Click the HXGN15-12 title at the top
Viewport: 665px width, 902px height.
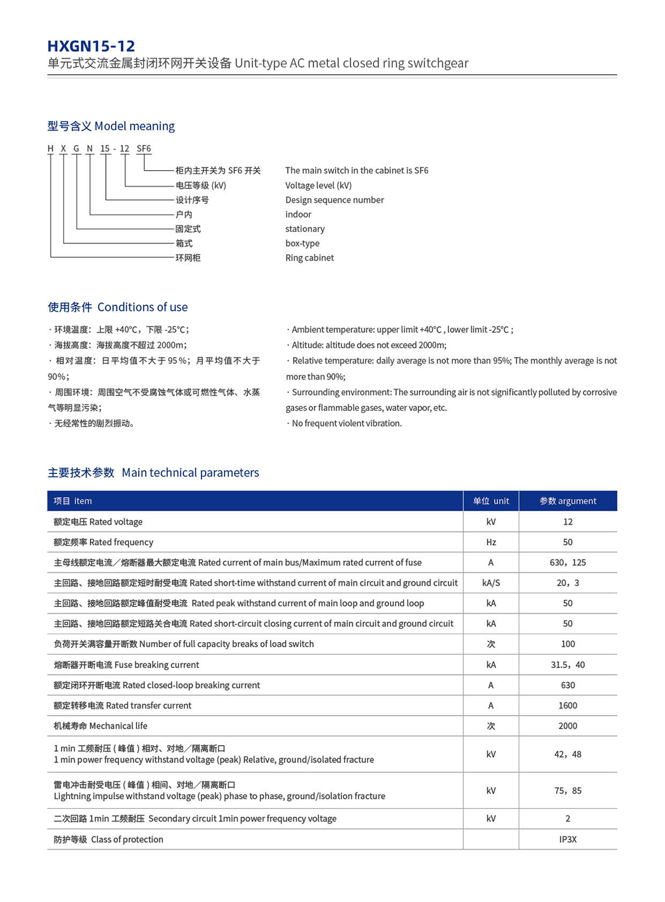91,46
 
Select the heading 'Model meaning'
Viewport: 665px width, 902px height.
111,126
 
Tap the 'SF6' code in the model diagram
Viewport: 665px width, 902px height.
144,148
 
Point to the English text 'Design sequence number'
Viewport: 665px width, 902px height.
334,200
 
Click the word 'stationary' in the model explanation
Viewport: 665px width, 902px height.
305,229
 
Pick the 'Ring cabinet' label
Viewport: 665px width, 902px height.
310,258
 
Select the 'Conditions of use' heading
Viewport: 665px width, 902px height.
118,307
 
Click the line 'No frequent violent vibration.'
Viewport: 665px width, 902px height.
346,423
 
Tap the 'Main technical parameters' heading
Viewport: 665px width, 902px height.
153,473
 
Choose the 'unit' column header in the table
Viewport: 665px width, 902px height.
491,501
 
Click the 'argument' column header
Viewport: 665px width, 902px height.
568,501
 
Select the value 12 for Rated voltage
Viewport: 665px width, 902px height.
568,522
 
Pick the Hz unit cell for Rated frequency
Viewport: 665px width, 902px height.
491,542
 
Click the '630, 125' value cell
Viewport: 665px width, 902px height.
568,562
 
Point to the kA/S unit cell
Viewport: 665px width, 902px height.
491,583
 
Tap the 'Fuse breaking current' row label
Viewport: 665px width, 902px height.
126,665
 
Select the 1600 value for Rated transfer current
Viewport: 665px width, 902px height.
568,705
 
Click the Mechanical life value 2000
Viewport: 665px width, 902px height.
568,726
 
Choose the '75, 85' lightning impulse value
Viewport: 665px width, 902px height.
568,790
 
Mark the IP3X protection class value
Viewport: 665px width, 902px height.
568,840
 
